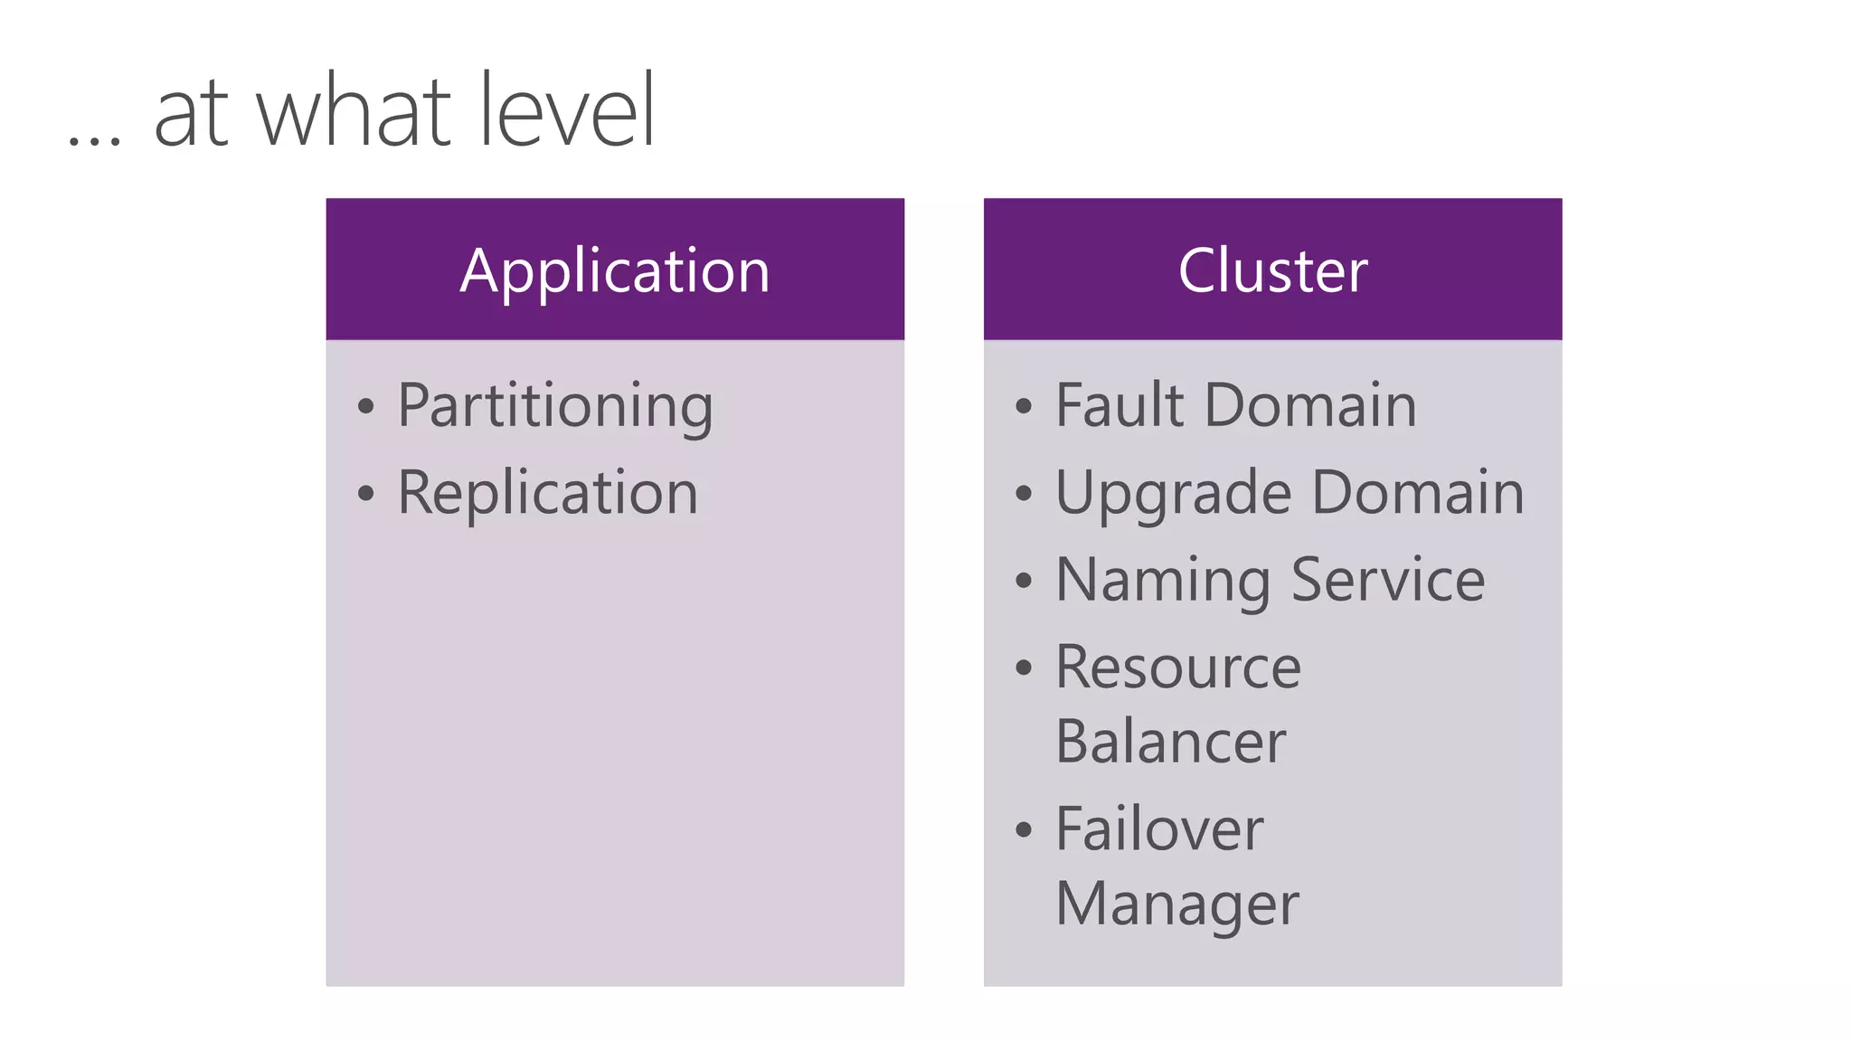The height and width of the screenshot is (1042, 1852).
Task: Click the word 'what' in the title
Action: (354, 112)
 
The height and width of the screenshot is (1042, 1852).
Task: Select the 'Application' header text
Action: (615, 271)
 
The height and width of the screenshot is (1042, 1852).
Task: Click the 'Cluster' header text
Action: (1272, 270)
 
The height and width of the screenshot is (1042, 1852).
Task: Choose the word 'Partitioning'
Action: (555, 407)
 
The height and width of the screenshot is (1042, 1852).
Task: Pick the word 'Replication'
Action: (548, 493)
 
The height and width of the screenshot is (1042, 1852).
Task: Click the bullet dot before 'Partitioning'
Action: (365, 407)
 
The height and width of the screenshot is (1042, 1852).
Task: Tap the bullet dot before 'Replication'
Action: (365, 494)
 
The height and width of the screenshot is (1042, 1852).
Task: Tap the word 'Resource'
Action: (1178, 668)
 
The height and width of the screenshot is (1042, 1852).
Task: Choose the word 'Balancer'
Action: (1170, 742)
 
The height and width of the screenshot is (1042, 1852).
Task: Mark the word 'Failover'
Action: (1159, 829)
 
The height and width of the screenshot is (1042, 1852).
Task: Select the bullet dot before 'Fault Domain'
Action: (1023, 407)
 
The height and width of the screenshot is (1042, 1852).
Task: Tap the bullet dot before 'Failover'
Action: (1023, 830)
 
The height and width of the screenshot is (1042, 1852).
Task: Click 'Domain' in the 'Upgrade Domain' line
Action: (1417, 493)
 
